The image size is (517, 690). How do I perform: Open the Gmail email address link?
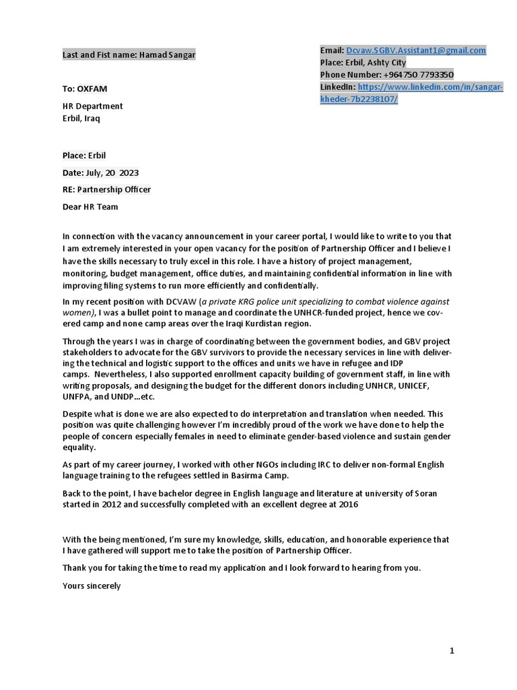click(x=415, y=51)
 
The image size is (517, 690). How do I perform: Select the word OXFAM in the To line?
click(x=92, y=88)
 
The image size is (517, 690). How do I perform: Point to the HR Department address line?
click(x=93, y=106)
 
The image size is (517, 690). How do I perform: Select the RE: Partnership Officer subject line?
click(x=106, y=189)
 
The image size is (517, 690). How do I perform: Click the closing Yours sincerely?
click(x=92, y=586)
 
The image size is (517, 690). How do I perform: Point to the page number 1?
click(x=452, y=650)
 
